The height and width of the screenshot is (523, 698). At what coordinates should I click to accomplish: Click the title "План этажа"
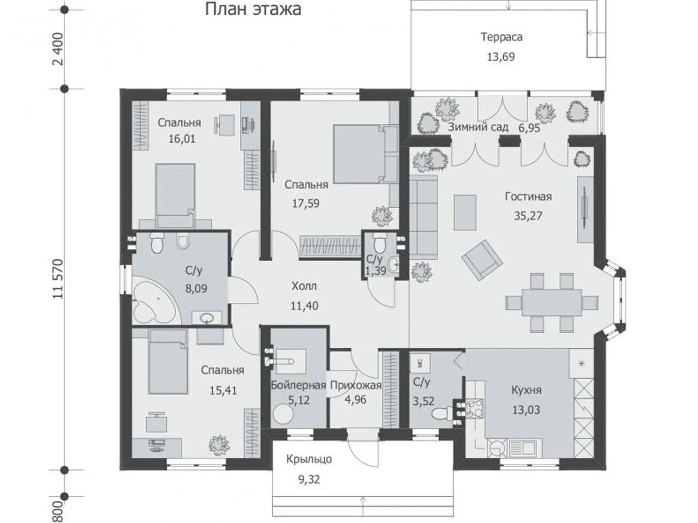coord(253,10)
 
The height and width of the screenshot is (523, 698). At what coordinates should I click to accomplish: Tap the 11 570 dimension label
coord(59,278)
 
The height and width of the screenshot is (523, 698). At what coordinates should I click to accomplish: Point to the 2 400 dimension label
coord(59,49)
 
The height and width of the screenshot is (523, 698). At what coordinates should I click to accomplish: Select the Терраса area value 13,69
coord(501,57)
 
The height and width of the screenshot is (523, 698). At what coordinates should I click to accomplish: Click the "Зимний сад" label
coord(478,127)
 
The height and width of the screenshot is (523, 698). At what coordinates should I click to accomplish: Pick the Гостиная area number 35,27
coord(528,215)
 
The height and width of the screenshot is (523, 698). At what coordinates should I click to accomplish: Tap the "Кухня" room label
coord(526,390)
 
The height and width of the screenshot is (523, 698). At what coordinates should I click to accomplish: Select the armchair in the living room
coord(482,260)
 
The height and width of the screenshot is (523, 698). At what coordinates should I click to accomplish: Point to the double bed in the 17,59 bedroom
coord(365,154)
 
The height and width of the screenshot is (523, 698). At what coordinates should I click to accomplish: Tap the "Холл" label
coord(304,286)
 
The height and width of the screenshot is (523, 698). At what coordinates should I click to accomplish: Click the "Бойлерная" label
coord(298,385)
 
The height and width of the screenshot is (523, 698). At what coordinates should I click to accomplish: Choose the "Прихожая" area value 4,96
coord(355,400)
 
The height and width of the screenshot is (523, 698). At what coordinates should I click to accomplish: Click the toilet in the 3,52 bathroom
coord(442,414)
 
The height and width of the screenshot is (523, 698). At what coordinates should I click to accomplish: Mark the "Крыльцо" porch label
coord(309,460)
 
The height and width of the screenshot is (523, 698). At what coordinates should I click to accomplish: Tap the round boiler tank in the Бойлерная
coord(283,414)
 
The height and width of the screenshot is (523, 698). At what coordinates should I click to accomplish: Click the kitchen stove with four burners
coord(475,408)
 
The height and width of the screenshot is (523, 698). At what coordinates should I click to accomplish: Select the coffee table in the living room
coord(465,213)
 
